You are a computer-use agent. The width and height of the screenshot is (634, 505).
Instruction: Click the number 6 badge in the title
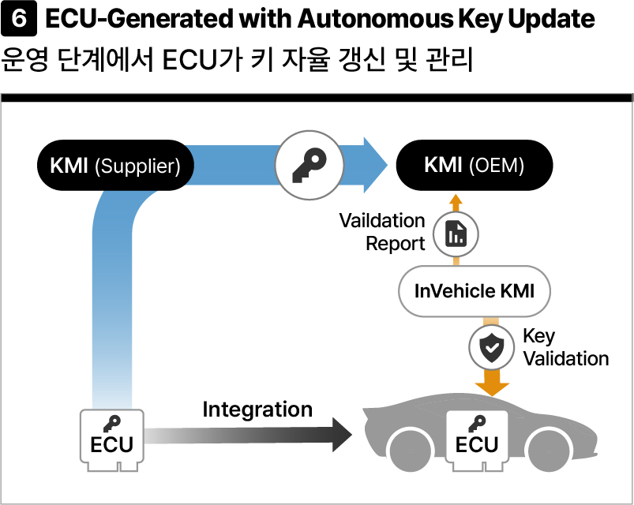point(19,19)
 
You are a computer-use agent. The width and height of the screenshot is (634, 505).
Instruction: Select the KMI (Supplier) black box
point(115,165)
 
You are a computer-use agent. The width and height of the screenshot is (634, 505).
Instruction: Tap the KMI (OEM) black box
point(475,165)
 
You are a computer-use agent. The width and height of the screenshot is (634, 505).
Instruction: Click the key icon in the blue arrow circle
point(309,165)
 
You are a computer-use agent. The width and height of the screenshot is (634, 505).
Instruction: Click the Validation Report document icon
point(456,234)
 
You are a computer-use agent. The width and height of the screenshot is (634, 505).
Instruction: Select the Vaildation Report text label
point(382,232)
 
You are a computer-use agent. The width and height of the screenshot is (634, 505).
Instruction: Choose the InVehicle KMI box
point(475,291)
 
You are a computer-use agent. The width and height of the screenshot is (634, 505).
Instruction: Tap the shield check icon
point(492,347)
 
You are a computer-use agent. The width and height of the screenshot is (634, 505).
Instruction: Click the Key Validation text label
point(565,347)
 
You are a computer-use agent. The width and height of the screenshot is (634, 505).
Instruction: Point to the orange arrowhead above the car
point(492,389)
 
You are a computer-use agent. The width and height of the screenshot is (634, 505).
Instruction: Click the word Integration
point(257,410)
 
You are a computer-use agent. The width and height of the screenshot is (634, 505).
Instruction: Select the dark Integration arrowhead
point(342,435)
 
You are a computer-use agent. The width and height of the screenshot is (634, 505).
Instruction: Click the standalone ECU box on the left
point(112,440)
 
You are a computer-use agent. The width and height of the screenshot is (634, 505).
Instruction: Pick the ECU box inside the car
point(477,440)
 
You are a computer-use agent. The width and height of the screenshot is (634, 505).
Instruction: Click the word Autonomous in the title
point(375,19)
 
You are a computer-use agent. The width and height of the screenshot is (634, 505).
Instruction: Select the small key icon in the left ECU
point(112,424)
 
